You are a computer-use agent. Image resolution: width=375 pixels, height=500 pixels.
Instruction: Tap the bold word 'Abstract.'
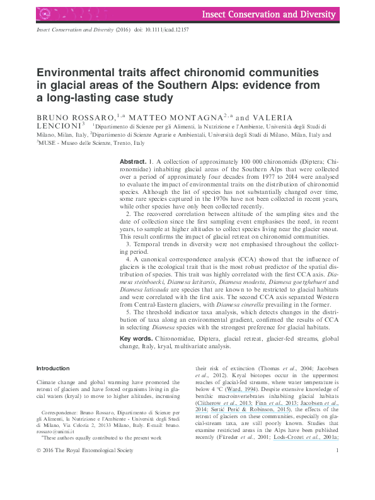(x=133, y=162)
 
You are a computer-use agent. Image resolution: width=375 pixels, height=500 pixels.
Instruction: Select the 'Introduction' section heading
(x=53, y=368)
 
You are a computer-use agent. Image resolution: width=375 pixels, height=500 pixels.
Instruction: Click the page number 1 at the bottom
(x=338, y=485)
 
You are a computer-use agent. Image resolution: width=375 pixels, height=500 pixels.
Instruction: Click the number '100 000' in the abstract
(x=222, y=162)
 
